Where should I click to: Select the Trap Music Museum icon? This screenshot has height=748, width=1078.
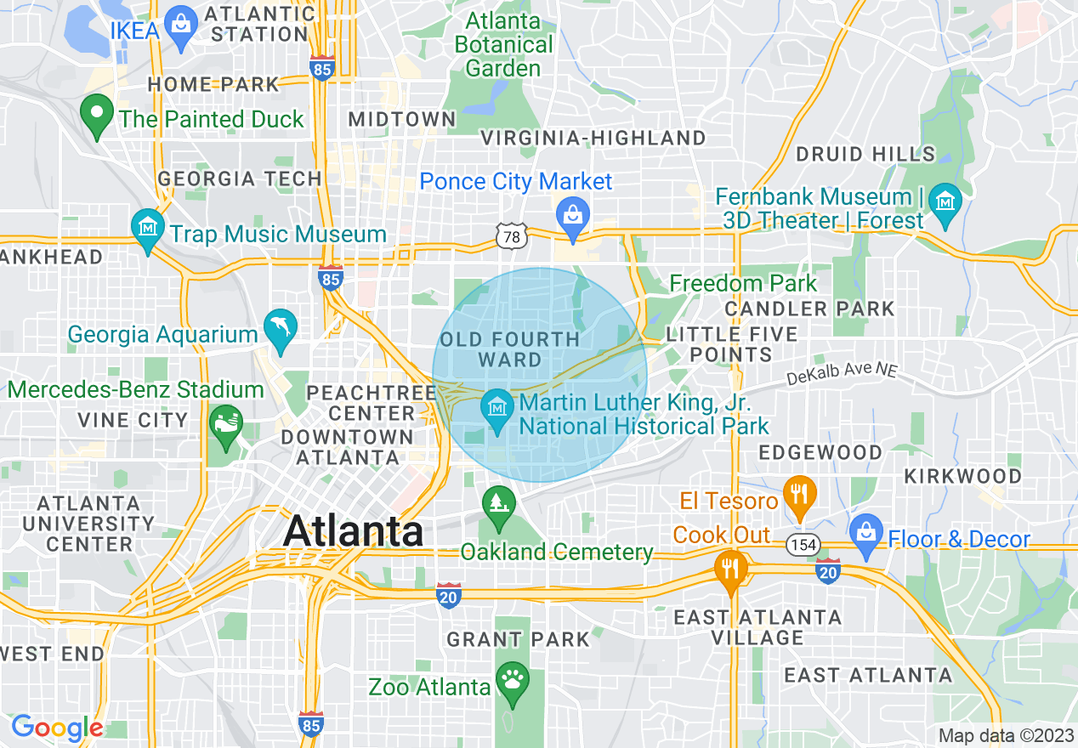[149, 229]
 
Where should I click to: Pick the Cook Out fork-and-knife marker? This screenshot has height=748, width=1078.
[729, 569]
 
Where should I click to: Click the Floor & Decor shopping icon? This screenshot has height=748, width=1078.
[865, 533]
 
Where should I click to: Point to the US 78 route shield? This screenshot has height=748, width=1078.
[512, 237]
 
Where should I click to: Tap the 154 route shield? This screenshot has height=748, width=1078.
[803, 545]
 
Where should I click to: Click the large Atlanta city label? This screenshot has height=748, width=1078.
[353, 531]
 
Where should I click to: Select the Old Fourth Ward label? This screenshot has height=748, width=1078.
[509, 349]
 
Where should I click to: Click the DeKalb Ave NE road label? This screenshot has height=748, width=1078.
[842, 371]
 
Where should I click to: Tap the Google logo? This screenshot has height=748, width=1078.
[57, 728]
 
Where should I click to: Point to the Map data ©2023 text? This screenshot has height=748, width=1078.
[1006, 735]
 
